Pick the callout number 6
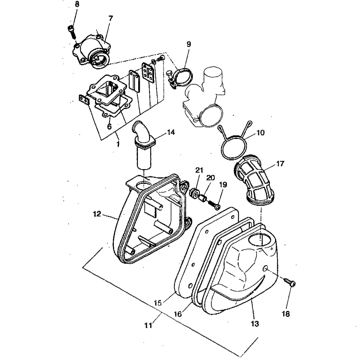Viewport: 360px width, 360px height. [x=109, y=127]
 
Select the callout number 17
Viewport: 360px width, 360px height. [x=280, y=164]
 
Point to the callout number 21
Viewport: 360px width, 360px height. [x=199, y=170]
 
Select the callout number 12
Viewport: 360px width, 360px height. [x=97, y=213]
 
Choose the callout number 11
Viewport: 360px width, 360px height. [x=148, y=326]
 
